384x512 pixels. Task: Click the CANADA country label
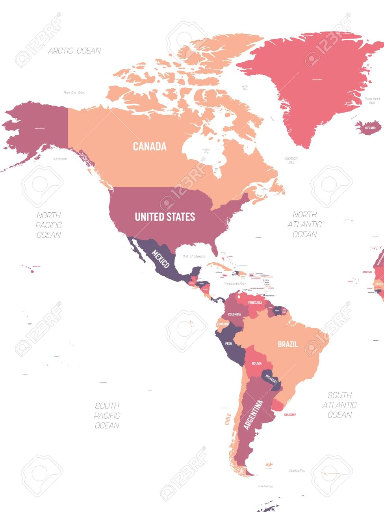[150, 147]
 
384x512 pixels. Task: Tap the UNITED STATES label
[165, 217]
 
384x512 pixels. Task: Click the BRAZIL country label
[288, 344]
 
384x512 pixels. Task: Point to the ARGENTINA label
[253, 414]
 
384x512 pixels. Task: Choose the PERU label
[228, 343]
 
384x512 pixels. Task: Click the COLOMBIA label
[234, 314]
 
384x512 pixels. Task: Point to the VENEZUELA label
[255, 302]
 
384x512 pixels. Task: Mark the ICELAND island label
[370, 128]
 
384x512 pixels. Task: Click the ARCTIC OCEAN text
[74, 50]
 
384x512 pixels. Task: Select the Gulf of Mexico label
[193, 256]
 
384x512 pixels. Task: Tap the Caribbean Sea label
[234, 284]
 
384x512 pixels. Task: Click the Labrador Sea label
[291, 160]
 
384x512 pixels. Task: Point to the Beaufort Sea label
[74, 93]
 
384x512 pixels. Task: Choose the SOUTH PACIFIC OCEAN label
[107, 415]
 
